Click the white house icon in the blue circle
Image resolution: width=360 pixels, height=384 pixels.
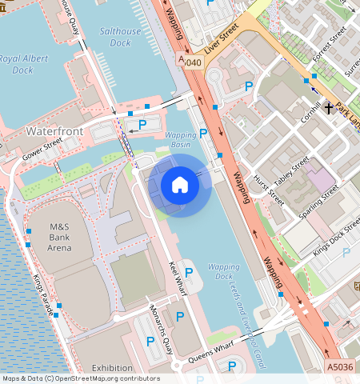(x=180, y=186)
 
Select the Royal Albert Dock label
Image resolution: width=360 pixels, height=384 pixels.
(x=22, y=64)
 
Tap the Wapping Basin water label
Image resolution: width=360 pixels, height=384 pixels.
(x=181, y=141)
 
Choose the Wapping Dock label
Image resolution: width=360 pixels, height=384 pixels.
(x=222, y=272)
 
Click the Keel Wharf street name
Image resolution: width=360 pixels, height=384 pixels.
(x=177, y=277)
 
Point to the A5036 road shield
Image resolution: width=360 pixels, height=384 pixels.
(x=340, y=366)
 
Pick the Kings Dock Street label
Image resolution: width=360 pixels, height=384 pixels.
(x=336, y=238)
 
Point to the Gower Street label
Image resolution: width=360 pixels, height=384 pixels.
(x=42, y=150)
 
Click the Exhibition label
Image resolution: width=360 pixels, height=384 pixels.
(x=112, y=368)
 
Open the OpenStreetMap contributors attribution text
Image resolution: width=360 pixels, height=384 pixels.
(x=81, y=378)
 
